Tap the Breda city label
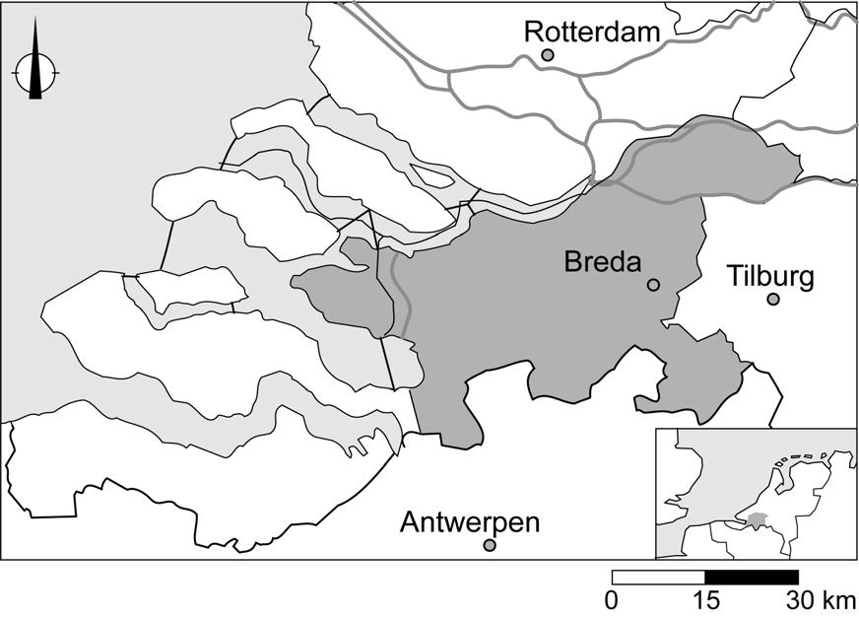pyautogui.click(x=603, y=262)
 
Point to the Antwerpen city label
pyautogui.click(x=470, y=522)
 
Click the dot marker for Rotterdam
pyautogui.click(x=548, y=56)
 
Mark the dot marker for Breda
pyautogui.click(x=652, y=285)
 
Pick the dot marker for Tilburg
pyautogui.click(x=773, y=299)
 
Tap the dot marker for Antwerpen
pyautogui.click(x=490, y=545)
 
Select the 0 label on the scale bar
pyautogui.click(x=612, y=600)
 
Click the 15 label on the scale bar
pyautogui.click(x=705, y=600)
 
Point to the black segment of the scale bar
pyautogui.click(x=752, y=577)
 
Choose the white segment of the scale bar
pyautogui.click(x=658, y=577)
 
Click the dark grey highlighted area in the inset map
pyautogui.click(x=757, y=518)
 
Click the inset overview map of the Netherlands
pyautogui.click(x=756, y=493)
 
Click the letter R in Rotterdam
pyautogui.click(x=533, y=33)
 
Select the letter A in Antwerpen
pyautogui.click(x=409, y=522)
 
